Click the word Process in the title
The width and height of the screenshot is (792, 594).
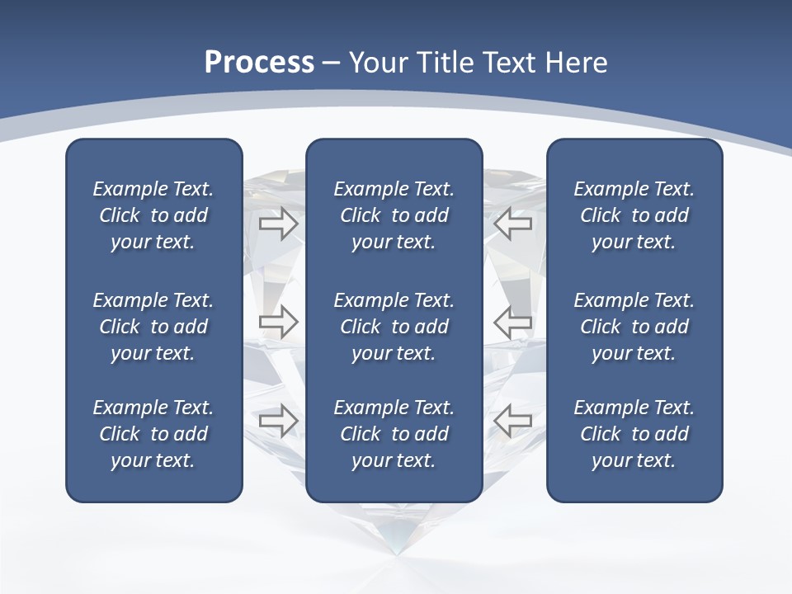coord(259,63)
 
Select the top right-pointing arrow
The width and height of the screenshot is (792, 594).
coord(278,224)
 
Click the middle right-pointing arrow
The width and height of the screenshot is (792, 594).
coord(278,322)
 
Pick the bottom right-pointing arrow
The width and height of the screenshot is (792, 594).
coord(278,421)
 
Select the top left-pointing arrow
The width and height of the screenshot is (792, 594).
coord(513,224)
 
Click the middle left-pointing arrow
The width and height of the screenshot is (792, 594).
coord(513,322)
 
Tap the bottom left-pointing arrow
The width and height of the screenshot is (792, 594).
coord(513,421)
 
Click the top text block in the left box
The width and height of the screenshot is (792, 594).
coord(153,215)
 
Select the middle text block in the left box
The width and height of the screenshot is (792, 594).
coord(153,327)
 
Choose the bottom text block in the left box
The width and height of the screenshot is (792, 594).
coord(153,434)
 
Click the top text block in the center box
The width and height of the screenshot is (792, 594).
coord(394,215)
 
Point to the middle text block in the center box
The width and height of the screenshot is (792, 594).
coord(394,327)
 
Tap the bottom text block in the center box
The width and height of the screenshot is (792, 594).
coord(394,434)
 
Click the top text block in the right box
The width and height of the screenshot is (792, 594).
coord(634,215)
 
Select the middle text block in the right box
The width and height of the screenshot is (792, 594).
coord(634,327)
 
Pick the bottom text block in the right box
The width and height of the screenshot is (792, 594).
coord(634,434)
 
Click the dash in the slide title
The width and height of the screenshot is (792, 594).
coord(331,64)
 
